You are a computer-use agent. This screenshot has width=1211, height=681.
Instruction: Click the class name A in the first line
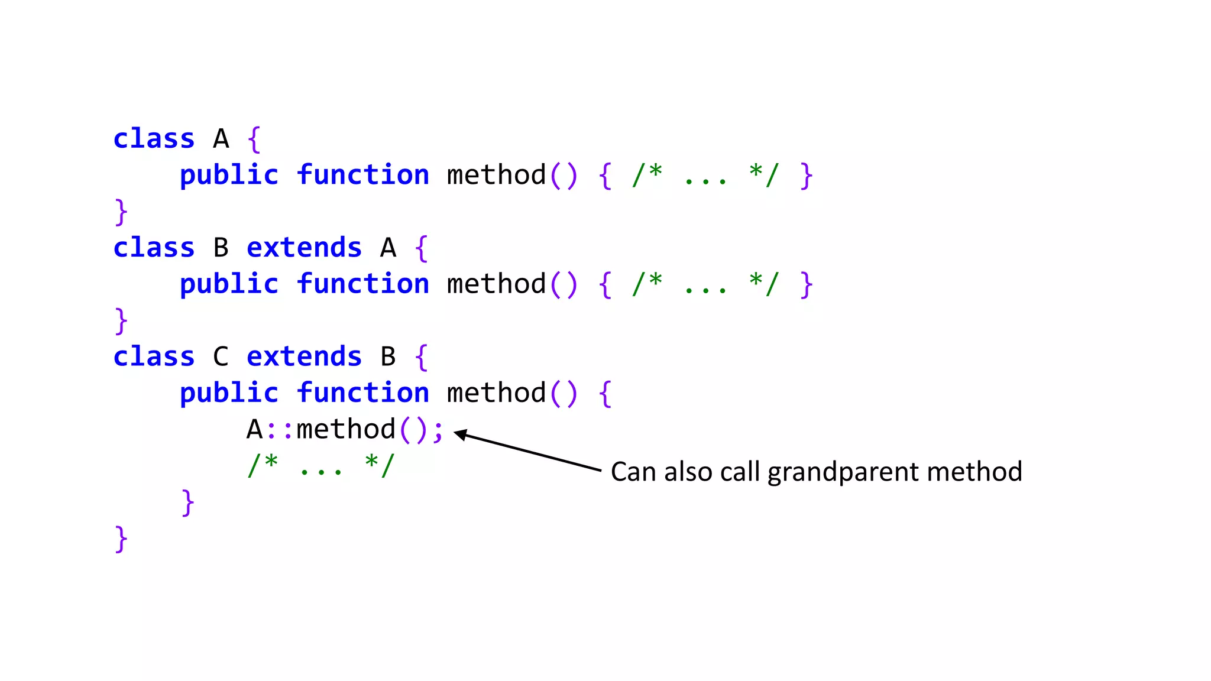tap(221, 140)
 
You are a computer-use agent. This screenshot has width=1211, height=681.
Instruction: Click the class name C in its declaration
tap(221, 357)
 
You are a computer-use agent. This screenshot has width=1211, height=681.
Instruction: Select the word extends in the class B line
tap(304, 248)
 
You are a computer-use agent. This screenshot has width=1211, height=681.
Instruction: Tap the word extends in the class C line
tap(304, 357)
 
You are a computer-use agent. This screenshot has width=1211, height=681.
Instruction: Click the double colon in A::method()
tap(279, 430)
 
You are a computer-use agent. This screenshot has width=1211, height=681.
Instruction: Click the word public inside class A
tap(229, 176)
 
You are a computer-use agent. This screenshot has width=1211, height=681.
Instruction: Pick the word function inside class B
tap(362, 284)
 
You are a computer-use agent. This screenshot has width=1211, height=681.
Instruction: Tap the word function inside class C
tap(362, 393)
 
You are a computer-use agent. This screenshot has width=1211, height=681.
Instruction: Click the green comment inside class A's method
tap(705, 176)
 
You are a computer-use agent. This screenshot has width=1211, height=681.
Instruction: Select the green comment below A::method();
tap(320, 466)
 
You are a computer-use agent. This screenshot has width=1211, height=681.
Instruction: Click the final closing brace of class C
tap(121, 539)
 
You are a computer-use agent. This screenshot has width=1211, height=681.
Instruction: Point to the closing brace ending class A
tap(121, 212)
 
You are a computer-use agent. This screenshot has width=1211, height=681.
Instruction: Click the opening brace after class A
tap(254, 140)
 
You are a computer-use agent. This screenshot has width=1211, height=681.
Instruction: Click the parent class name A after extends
tap(388, 248)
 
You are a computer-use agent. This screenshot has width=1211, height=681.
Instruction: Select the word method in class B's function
tap(496, 284)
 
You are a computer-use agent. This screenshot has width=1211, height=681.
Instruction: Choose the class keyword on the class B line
tap(154, 248)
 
